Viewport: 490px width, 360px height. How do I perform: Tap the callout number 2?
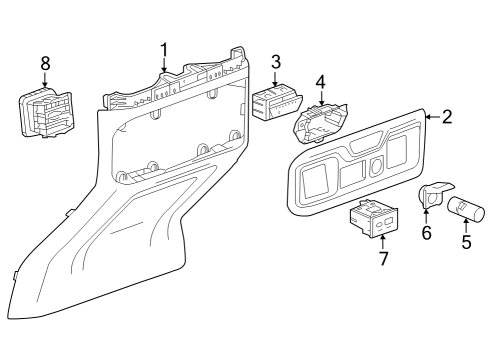pyautogui.click(x=446, y=117)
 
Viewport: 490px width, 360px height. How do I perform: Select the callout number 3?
pyautogui.click(x=275, y=63)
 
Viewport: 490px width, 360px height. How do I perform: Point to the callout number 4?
pyautogui.click(x=320, y=81)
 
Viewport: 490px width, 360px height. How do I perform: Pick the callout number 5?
pyautogui.click(x=465, y=241)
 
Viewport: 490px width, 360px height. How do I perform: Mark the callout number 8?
pyautogui.click(x=45, y=63)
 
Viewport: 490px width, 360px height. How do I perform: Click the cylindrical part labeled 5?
pyautogui.click(x=465, y=209)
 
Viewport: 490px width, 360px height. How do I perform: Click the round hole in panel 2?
pyautogui.click(x=375, y=166)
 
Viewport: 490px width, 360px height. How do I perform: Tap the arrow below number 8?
pyautogui.click(x=45, y=79)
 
